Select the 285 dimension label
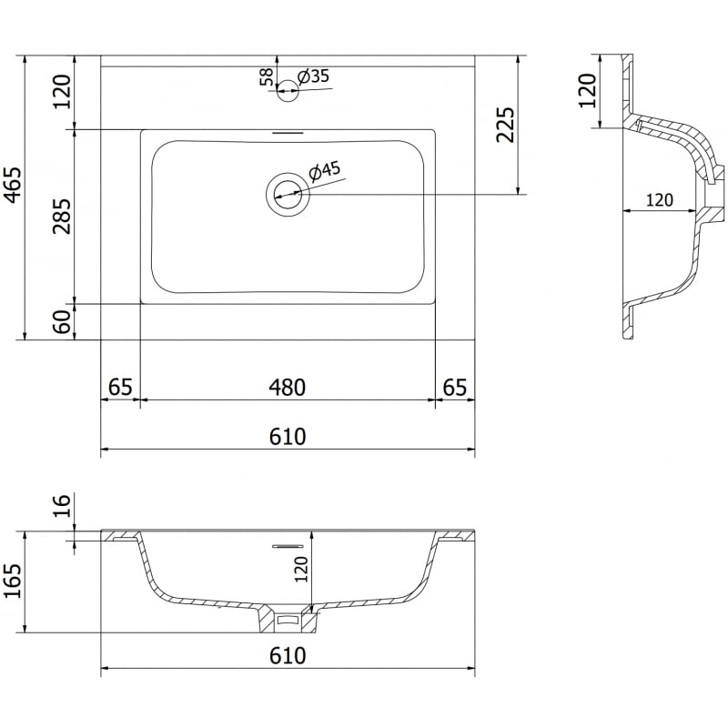tap(62, 216)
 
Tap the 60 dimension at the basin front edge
tap(62, 321)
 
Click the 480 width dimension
tap(287, 387)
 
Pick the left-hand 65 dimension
tap(120, 387)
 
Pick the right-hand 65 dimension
tap(455, 387)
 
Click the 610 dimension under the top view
tap(288, 437)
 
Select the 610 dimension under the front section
tap(288, 656)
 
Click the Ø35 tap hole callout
tap(314, 76)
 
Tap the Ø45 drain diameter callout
tap(325, 169)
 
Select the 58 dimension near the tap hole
tap(267, 76)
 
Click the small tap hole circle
tap(288, 88)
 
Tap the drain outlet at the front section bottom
tap(288, 622)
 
